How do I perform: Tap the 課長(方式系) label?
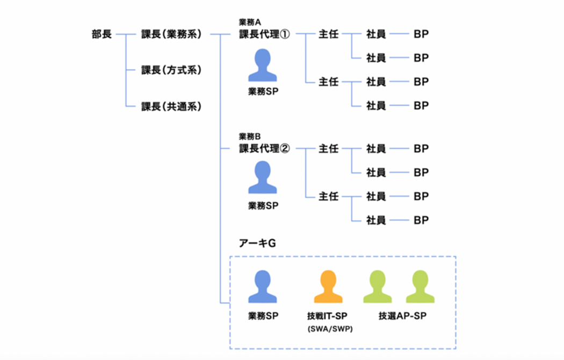point(171,70)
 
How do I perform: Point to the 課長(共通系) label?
point(171,106)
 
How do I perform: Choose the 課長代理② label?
point(264,149)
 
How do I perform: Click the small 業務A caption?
point(250,23)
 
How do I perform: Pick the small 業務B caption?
point(250,136)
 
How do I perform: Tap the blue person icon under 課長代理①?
point(263,66)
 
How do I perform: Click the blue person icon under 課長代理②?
point(263,178)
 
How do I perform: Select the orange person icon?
point(328,287)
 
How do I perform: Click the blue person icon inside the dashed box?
point(263,287)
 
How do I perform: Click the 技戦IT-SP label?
point(326,316)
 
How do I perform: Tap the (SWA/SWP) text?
point(326,329)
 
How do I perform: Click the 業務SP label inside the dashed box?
point(263,316)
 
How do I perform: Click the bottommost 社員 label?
point(376,220)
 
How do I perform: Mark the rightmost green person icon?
point(420,287)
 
